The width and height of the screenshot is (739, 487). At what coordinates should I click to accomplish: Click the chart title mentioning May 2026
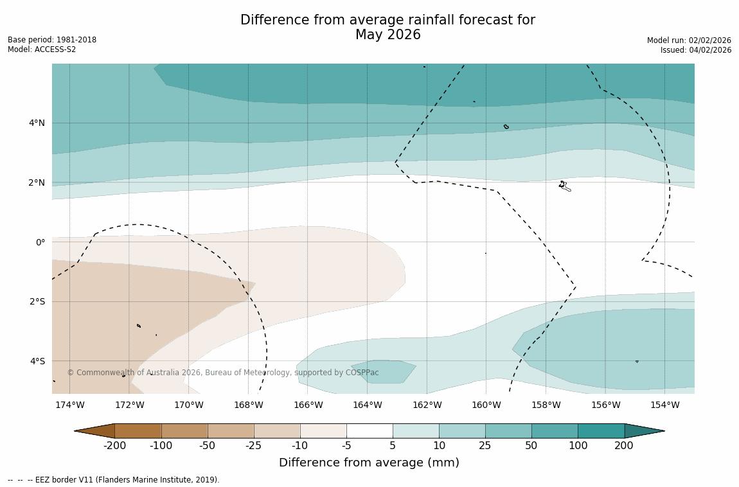pos(387,28)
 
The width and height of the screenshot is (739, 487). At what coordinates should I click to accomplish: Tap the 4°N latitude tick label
pos(37,123)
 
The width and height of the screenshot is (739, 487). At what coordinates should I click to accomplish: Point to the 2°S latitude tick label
pos(37,301)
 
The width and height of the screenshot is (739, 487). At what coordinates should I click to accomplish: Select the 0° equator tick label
pos(40,242)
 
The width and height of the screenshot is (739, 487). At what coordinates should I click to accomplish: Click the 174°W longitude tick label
pos(69,405)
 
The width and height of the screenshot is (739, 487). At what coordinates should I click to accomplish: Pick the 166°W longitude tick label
pos(308,405)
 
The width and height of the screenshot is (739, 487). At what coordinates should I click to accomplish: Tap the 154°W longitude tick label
pos(664,405)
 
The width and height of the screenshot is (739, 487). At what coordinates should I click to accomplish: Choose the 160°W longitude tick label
pos(486,405)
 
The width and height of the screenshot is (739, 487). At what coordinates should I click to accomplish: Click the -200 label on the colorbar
pos(114,446)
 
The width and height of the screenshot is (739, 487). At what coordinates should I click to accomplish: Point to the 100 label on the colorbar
pos(578,446)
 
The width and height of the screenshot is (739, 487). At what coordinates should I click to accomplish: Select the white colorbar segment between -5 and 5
pos(369,430)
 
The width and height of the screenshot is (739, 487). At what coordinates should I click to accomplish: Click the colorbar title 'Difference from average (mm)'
pos(369,463)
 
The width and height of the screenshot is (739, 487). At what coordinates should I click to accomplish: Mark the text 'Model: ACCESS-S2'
pos(42,49)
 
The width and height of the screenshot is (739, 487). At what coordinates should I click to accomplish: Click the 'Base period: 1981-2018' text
pos(52,40)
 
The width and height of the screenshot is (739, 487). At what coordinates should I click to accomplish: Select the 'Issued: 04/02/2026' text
pos(695,50)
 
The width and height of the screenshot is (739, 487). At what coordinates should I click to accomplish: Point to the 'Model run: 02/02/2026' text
pos(689,40)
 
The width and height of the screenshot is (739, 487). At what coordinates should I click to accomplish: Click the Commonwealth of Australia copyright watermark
pos(223,373)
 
